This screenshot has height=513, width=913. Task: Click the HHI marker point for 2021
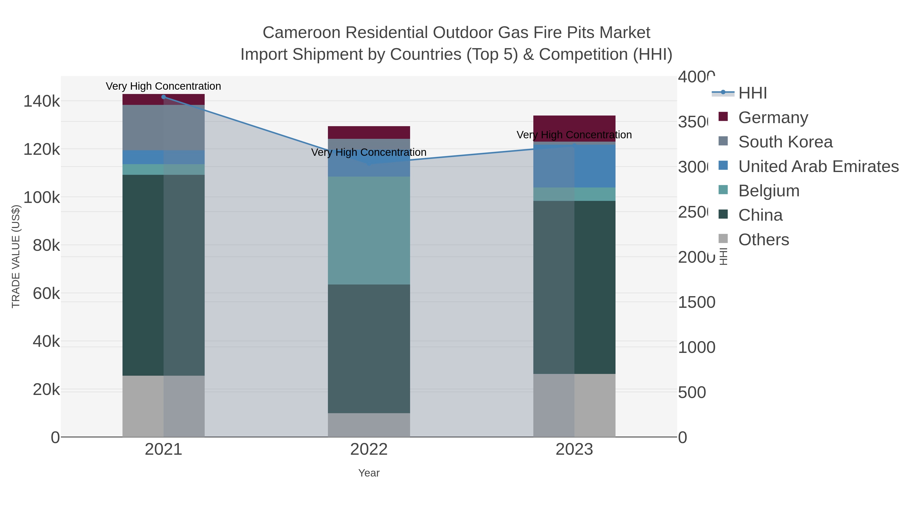pos(163,97)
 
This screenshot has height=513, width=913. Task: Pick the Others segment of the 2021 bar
pos(163,406)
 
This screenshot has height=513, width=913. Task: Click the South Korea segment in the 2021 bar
pos(163,127)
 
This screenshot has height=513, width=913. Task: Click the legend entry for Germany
pos(773,118)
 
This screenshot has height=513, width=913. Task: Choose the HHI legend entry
pos(752,93)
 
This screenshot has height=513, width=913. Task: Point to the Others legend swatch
pos(723,239)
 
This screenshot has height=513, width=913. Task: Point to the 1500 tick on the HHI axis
pos(696,302)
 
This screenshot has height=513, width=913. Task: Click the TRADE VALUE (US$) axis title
pos(16,256)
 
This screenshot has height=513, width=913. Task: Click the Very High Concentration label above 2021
pos(163,86)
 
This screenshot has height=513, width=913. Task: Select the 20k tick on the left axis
pos(46,390)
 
